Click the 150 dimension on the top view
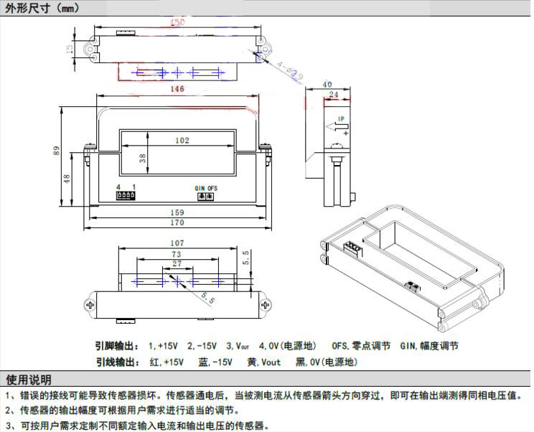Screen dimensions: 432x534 pos(177,23)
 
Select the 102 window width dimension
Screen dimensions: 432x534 pos(182,141)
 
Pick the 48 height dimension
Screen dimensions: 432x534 pos(67,179)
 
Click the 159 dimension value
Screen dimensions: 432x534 pos(177,212)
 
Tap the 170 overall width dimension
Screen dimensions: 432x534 pos(177,222)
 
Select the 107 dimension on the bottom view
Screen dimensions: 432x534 pos(177,243)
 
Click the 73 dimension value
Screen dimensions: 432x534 pos(177,255)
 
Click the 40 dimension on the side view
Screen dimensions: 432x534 pos(327,83)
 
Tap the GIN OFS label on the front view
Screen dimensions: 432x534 pos(206,188)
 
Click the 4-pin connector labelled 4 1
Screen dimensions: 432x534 pos(126,195)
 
